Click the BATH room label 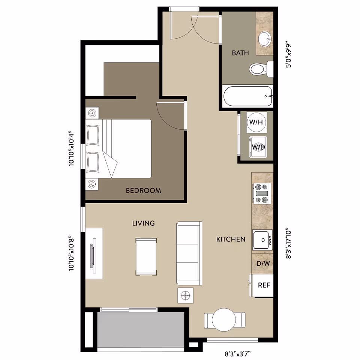[240, 53]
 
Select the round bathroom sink [265, 37]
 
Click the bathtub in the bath [247, 96]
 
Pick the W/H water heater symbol [256, 122]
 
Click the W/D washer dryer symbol [258, 147]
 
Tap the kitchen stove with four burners [262, 193]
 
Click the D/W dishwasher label [263, 263]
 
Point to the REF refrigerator [264, 285]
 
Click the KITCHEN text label [231, 239]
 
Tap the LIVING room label [143, 223]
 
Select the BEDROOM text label [143, 190]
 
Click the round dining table [224, 319]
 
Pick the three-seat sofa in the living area [189, 253]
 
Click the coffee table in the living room [146, 256]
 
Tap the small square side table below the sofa [185, 295]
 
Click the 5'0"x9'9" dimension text [288, 54]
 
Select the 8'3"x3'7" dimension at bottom [238, 353]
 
